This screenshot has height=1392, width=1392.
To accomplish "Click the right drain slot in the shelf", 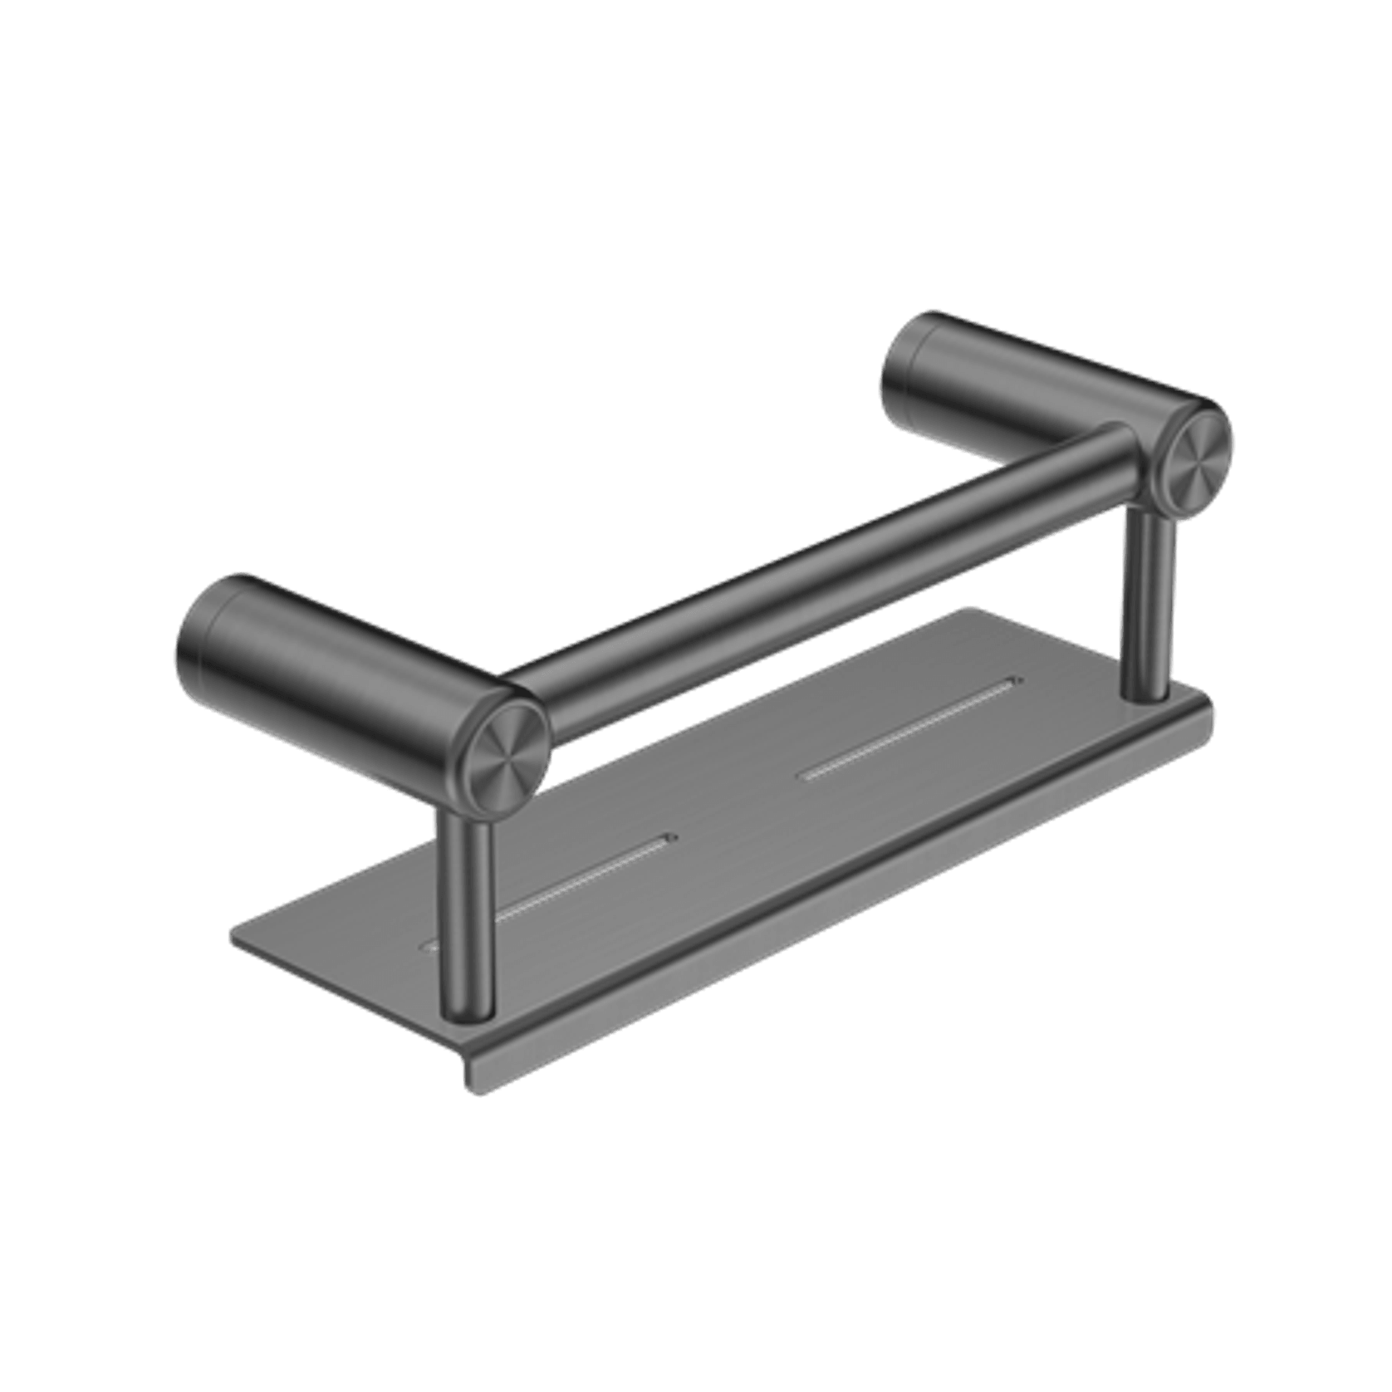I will (905, 727).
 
